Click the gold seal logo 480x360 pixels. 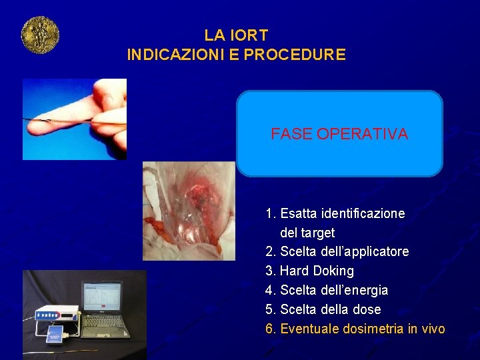click(40, 35)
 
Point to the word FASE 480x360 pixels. click(292, 134)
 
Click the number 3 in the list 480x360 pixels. click(269, 271)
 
